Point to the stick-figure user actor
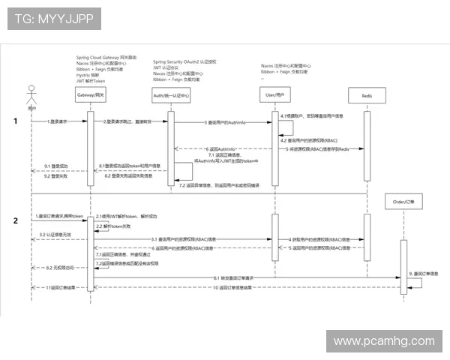[x=31, y=97]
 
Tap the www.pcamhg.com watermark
[x=383, y=341]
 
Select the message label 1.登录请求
[x=58, y=121]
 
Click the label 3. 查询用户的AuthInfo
[x=225, y=121]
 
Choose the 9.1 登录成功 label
[x=56, y=165]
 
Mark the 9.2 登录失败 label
[x=56, y=175]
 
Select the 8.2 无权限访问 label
[x=60, y=268]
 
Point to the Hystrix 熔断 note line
[x=88, y=76]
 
